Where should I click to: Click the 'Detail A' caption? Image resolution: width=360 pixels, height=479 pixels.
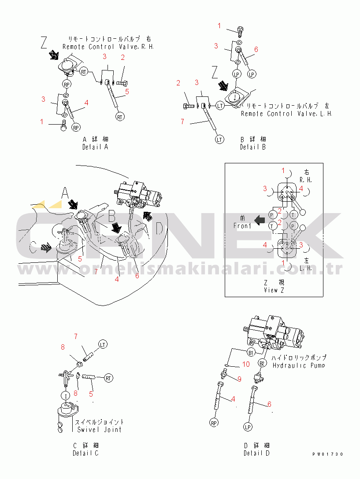pyautogui.click(x=95, y=147)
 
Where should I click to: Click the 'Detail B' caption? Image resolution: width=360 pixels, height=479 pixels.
pyautogui.click(x=253, y=147)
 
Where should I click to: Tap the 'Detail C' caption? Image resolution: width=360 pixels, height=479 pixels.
pyautogui.click(x=85, y=453)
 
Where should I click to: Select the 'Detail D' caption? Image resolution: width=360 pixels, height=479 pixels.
pyautogui.click(x=256, y=453)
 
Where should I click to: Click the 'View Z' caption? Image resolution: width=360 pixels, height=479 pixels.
pyautogui.click(x=274, y=290)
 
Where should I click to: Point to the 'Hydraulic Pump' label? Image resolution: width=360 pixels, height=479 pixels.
pyautogui.click(x=298, y=365)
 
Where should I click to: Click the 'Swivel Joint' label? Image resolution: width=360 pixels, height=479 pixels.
pyautogui.click(x=99, y=430)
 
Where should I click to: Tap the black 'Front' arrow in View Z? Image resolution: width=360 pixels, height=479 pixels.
pyautogui.click(x=260, y=220)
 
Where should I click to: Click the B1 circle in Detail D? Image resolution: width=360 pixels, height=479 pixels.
pyautogui.click(x=251, y=353)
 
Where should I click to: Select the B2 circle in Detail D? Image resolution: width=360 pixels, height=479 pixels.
pyautogui.click(x=262, y=363)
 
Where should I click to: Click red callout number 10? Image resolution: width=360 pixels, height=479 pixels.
pyautogui.click(x=246, y=364)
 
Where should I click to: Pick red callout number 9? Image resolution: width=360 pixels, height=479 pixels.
pyautogui.click(x=240, y=379)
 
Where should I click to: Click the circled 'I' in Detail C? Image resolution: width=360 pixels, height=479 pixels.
pyautogui.click(x=66, y=396)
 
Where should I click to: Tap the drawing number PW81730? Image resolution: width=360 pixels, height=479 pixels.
pyautogui.click(x=328, y=454)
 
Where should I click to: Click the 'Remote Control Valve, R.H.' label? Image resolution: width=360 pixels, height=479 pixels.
pyautogui.click(x=108, y=47)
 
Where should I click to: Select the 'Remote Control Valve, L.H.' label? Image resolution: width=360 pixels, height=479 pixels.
pyautogui.click(x=286, y=114)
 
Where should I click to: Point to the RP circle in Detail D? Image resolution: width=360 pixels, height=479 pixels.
pyautogui.click(x=214, y=423)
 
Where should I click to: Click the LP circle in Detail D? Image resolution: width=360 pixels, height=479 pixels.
pyautogui.click(x=248, y=427)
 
